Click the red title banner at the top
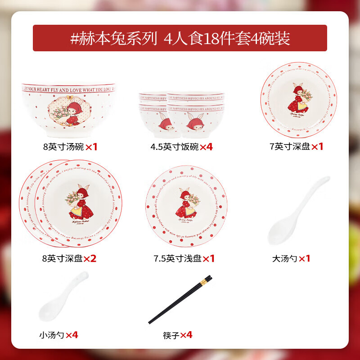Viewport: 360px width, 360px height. click(180, 38)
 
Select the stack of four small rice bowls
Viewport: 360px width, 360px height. click(181, 115)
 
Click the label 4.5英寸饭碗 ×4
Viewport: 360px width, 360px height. click(181, 146)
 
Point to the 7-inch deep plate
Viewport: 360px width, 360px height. click(298, 100)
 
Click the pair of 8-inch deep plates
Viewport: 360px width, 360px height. click(70, 203)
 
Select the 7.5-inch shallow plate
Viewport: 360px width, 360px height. click(186, 207)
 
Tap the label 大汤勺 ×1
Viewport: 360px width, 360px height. click(291, 258)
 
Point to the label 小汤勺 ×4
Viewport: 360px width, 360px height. click(58, 335)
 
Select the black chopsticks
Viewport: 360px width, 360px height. click(180, 299)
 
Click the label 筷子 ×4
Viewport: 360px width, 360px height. click(178, 335)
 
